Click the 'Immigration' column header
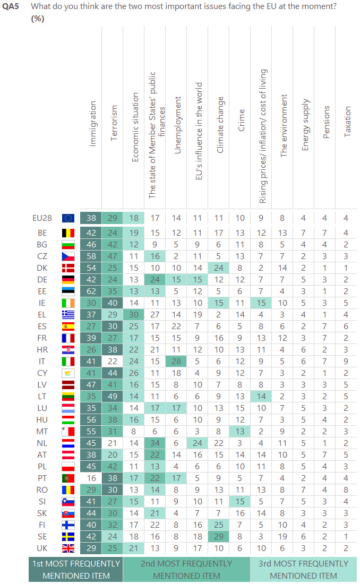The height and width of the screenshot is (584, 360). click(x=93, y=124)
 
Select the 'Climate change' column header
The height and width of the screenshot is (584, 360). click(x=220, y=125)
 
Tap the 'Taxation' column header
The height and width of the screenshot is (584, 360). click(x=348, y=122)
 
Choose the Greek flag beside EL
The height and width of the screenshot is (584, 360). click(x=68, y=314)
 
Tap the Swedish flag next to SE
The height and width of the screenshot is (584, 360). click(x=68, y=537)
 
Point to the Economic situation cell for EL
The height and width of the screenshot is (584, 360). click(x=134, y=314)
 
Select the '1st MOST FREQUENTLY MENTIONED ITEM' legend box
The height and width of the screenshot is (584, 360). click(x=75, y=569)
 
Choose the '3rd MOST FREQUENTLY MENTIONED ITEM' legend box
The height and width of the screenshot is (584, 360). click(x=303, y=569)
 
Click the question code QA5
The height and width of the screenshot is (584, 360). click(x=11, y=7)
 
